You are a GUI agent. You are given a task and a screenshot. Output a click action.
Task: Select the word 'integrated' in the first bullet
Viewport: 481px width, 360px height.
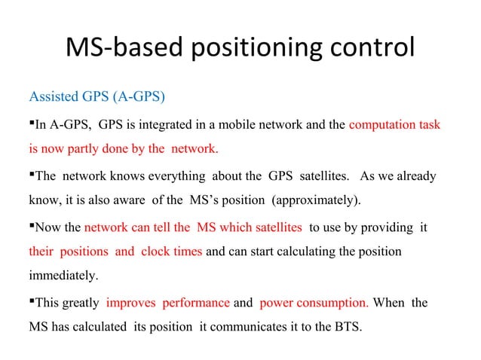coord(154,124)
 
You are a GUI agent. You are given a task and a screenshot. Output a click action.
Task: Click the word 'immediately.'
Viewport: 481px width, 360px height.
coord(63,276)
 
